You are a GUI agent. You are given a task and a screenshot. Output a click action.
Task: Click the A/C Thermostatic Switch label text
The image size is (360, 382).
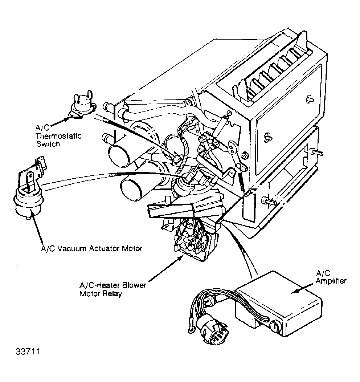point(58,135)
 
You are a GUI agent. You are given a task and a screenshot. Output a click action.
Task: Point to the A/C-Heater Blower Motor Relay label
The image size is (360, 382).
point(112,289)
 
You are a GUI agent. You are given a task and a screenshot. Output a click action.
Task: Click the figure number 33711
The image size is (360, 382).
point(28,352)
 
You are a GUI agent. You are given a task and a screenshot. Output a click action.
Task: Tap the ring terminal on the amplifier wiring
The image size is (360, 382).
point(190,329)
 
